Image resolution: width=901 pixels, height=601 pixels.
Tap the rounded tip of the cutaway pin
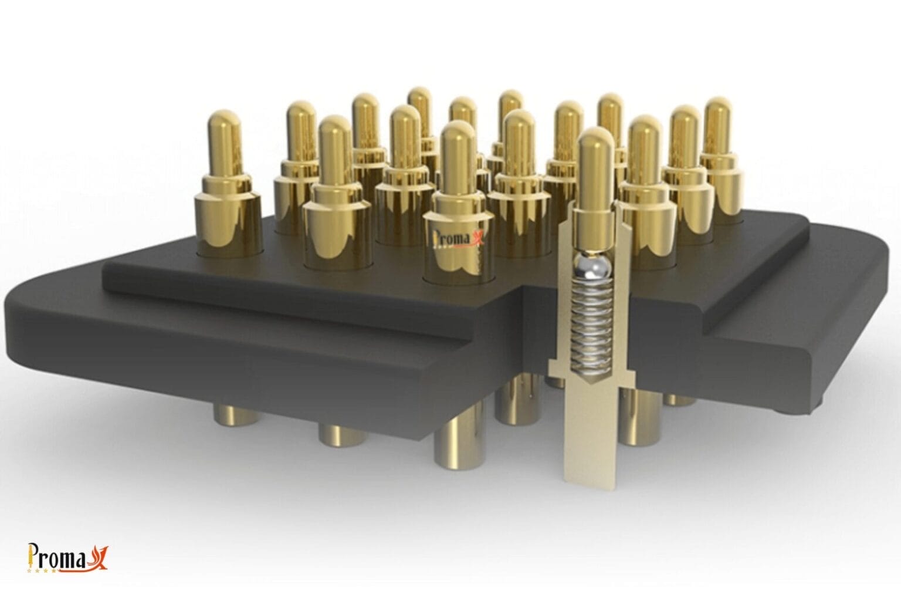[x=595, y=141]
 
